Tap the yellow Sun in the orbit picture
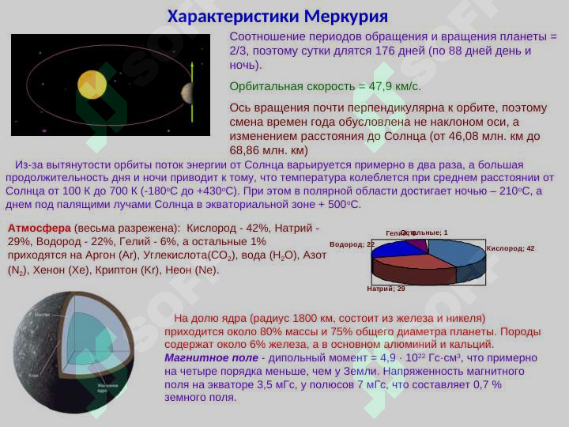click(x=92, y=84)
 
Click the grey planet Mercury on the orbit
click(x=187, y=93)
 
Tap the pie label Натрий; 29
click(x=386, y=289)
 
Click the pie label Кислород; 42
click(x=511, y=248)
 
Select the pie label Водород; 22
click(x=352, y=244)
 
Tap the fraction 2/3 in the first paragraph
click(x=238, y=51)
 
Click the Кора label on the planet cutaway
click(x=33, y=375)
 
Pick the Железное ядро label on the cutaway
click(x=107, y=387)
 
